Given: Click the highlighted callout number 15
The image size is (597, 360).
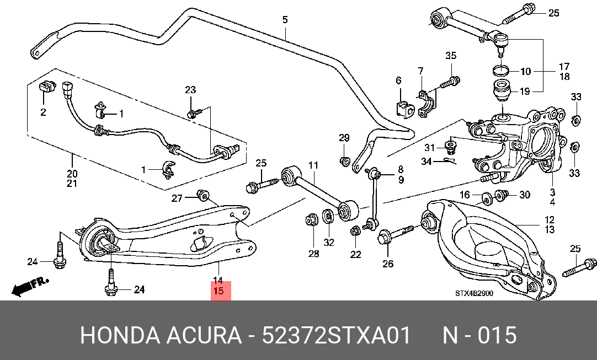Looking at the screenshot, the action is click(218, 291).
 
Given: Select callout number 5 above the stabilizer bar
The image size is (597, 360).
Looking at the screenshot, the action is click(285, 19).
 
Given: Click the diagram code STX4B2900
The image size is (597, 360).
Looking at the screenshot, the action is click(474, 293).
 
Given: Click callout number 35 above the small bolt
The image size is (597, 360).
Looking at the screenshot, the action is click(451, 56).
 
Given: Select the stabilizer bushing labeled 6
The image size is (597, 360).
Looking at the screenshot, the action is click(405, 109).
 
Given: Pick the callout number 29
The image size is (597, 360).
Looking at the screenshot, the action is click(344, 138).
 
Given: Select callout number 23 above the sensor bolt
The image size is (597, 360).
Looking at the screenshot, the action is click(190, 90).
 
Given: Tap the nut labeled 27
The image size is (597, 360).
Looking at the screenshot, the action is click(203, 196).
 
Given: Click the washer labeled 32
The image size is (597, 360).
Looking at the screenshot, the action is click(328, 217).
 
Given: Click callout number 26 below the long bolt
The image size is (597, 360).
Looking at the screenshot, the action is click(387, 264).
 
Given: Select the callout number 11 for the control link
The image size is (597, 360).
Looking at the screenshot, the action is click(313, 165).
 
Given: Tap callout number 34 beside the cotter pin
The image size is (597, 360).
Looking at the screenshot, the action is click(426, 162).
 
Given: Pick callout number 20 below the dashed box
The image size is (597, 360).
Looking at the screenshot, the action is click(72, 174).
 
